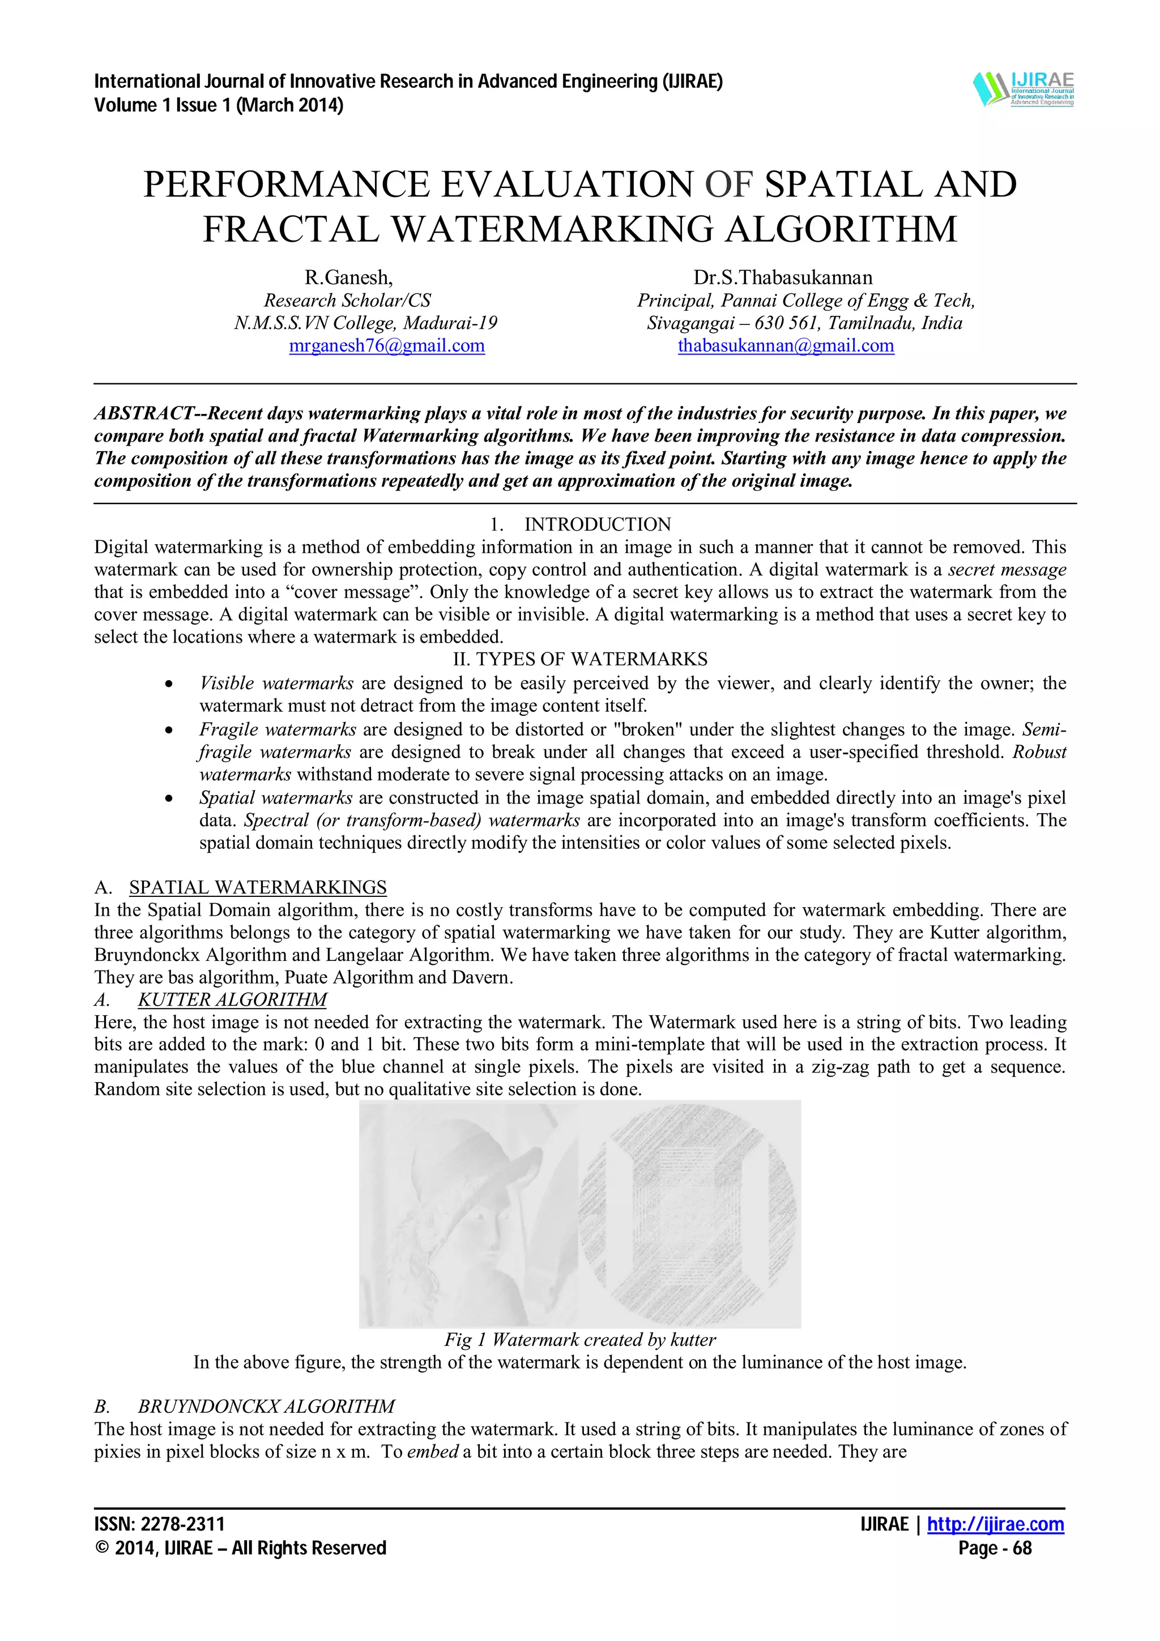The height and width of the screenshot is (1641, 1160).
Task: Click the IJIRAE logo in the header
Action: [1023, 89]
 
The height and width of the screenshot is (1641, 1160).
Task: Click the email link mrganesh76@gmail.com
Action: [387, 346]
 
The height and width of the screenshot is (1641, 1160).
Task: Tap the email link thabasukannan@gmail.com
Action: [786, 346]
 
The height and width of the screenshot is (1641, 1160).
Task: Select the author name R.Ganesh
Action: [348, 277]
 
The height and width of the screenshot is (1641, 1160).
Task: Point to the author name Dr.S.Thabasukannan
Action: [783, 277]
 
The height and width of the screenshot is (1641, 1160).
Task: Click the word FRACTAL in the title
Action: [293, 229]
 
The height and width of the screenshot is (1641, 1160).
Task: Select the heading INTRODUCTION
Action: [597, 524]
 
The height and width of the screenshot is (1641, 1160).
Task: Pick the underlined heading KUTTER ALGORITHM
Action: [232, 1000]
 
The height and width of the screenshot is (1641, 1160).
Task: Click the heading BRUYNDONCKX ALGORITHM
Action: [266, 1407]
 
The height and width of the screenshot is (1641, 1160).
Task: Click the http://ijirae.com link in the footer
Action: [995, 1524]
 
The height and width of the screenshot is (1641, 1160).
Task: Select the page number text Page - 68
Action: [994, 1548]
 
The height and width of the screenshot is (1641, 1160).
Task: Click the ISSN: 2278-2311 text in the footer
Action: [159, 1524]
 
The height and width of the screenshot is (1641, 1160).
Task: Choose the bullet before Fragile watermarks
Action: [169, 730]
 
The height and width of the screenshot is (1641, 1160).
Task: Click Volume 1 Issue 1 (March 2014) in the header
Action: [219, 106]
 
